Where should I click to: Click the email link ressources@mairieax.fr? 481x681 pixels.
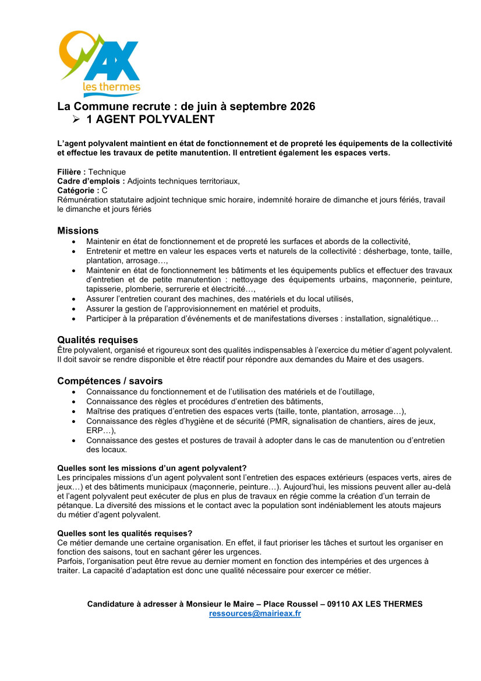[x=254, y=614]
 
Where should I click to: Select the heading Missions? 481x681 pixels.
[x=77, y=231]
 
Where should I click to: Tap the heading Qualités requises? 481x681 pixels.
[x=97, y=340]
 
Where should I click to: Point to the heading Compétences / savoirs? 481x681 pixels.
[x=109, y=381]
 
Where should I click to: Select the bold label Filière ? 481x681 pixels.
[x=72, y=172]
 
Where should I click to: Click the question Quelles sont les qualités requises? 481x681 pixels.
[x=125, y=533]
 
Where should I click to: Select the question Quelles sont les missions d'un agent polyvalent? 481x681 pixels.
[x=152, y=468]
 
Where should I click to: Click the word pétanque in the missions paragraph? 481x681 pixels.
[x=73, y=505]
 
